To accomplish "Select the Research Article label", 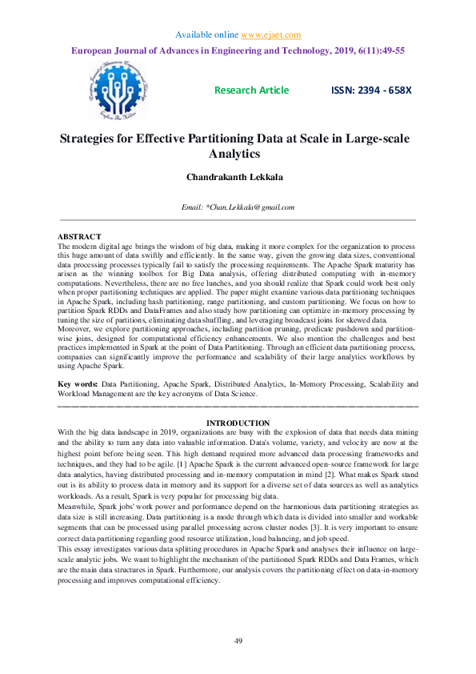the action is coord(251,90).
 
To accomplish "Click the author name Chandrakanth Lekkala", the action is coord(238,176).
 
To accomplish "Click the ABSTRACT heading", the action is coord(80,237).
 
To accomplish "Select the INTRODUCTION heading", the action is coord(238,423).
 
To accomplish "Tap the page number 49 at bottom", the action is coord(238,641).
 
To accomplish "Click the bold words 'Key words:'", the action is coord(78,385).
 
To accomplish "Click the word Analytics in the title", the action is coord(238,154).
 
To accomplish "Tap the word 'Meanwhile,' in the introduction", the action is coord(79,507).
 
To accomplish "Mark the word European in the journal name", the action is coord(95,50).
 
